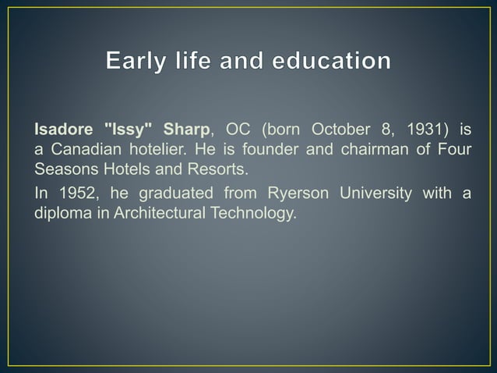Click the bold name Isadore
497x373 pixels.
(x=62, y=128)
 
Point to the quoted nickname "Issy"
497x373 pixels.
(x=129, y=128)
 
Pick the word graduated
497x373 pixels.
(x=176, y=194)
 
